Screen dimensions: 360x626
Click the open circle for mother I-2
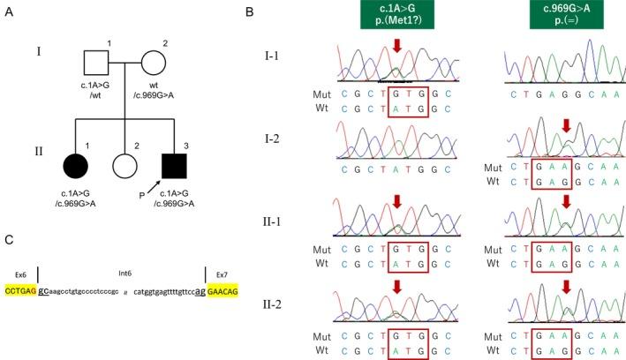[x=154, y=64]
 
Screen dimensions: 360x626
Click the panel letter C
[x=11, y=239]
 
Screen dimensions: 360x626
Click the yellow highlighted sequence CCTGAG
[x=20, y=289]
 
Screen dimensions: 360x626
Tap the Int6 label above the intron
[x=123, y=274]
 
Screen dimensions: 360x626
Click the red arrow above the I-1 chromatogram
[x=397, y=48]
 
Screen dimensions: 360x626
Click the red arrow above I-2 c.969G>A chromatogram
[x=566, y=130]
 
